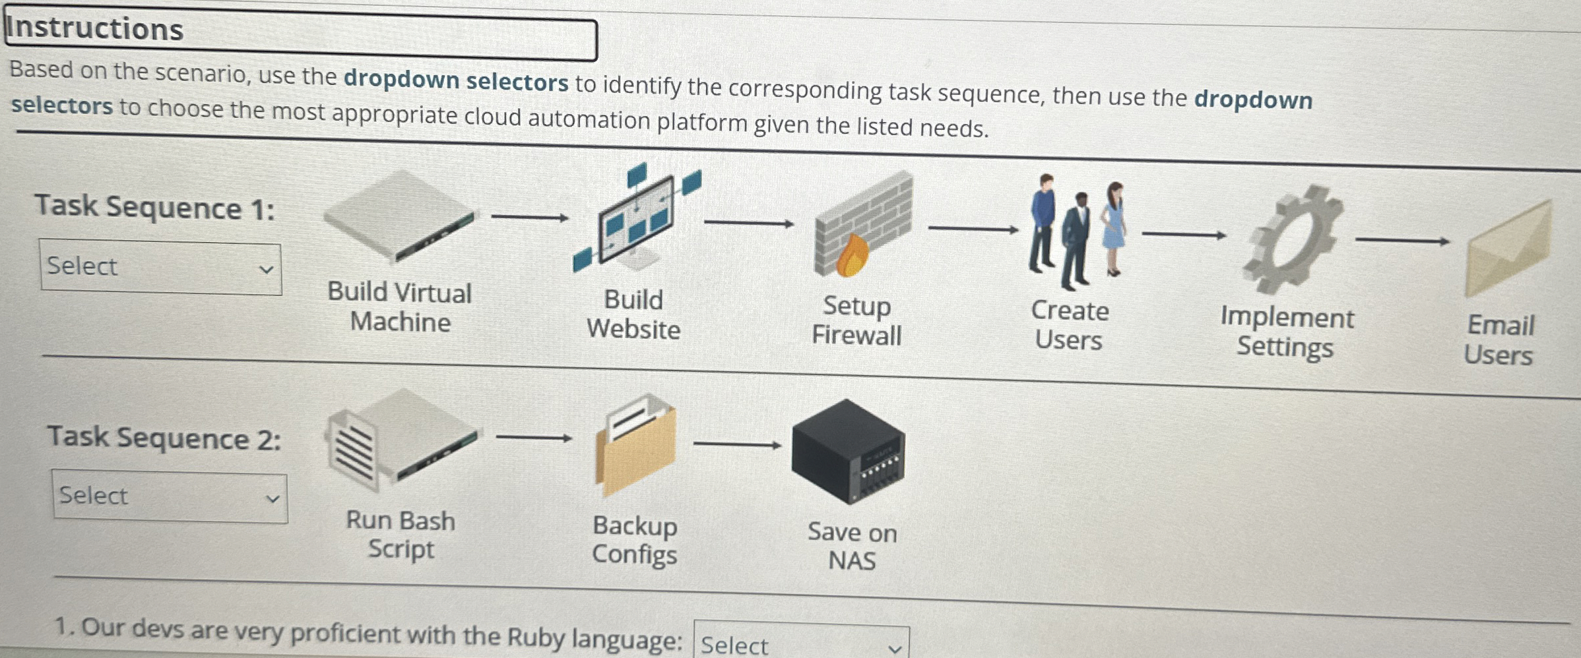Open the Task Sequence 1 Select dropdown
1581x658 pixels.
[x=160, y=266]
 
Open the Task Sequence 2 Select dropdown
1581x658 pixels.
[x=170, y=496]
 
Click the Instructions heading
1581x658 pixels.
[x=95, y=30]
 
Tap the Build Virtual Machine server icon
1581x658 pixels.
[x=399, y=216]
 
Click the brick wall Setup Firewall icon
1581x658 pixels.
[x=863, y=224]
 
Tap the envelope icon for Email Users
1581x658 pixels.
[x=1508, y=251]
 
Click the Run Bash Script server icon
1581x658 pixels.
[x=401, y=438]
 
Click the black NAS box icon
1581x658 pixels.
[x=848, y=451]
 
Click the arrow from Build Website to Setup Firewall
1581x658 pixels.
[x=748, y=224]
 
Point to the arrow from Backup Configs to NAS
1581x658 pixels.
[x=737, y=445]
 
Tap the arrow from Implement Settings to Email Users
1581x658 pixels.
[x=1402, y=241]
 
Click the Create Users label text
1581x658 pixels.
[x=1069, y=326]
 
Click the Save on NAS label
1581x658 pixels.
[x=852, y=547]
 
